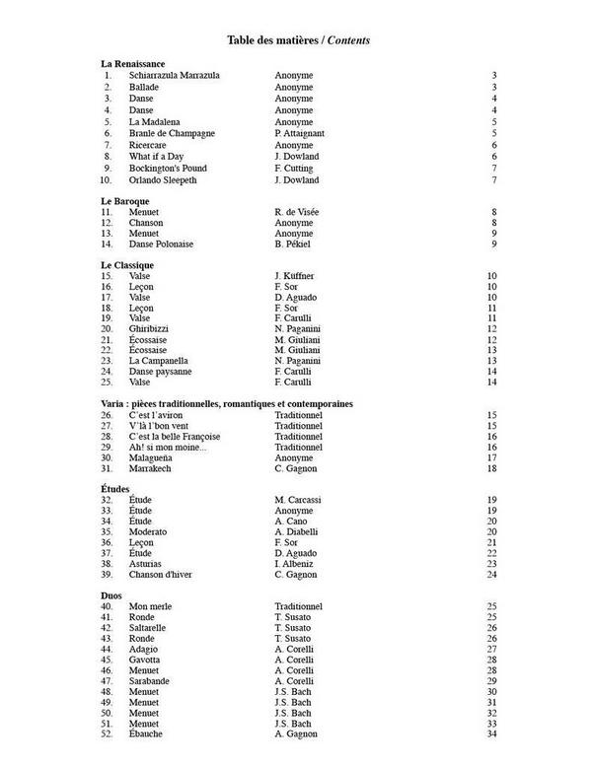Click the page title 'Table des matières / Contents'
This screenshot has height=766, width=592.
tap(298, 39)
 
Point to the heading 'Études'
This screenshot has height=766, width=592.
tap(115, 488)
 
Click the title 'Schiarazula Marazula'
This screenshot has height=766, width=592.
tap(174, 75)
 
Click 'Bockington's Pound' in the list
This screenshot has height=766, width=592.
tap(168, 169)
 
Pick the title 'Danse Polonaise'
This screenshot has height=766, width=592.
tap(161, 244)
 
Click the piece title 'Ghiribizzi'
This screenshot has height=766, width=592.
tap(151, 329)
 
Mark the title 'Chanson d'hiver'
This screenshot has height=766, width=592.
tap(163, 575)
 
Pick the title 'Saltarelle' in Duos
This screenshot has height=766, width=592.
tap(150, 627)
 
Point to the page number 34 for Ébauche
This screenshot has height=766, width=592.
tap(491, 734)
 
